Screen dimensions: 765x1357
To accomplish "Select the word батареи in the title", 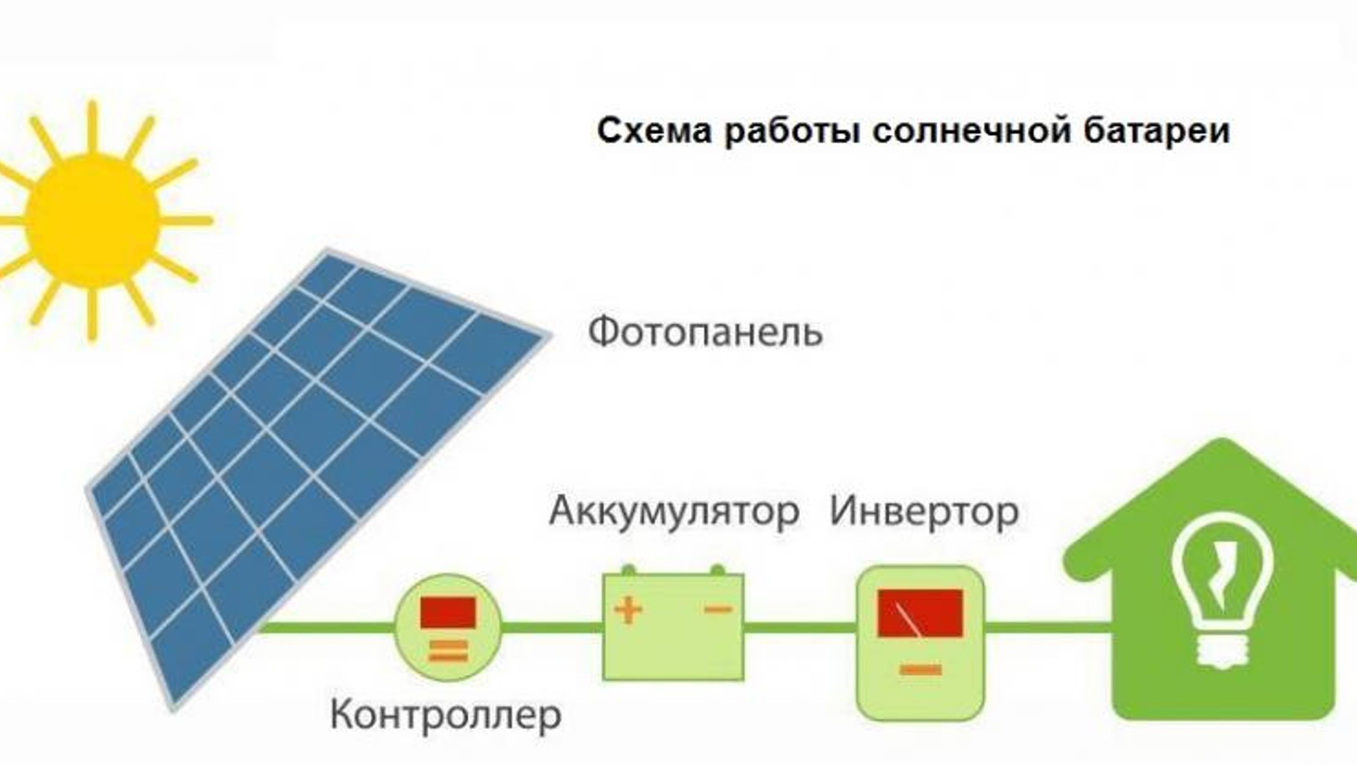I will point(1156,131).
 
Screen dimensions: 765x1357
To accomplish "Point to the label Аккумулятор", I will point(674,511).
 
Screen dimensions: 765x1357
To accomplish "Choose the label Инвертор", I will point(924,511).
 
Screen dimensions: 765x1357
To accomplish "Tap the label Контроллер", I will point(445,715).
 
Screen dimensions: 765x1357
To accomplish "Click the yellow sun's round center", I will point(93,220).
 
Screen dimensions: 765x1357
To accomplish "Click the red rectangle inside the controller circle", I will point(448,612).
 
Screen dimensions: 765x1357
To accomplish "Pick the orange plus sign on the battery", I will point(628,611).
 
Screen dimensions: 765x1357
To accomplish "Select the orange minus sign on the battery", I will point(718,609).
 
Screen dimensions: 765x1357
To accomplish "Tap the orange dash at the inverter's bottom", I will point(921,670).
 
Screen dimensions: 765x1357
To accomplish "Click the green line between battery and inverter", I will point(799,627).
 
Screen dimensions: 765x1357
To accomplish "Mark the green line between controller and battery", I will point(552,627).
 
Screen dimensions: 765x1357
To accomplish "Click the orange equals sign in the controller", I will point(448,651).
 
